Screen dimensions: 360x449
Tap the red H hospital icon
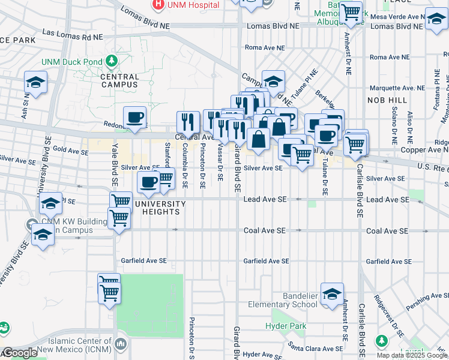click(x=158, y=4)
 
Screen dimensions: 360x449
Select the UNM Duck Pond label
click(x=71, y=62)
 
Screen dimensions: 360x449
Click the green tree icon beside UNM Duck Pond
click(x=110, y=61)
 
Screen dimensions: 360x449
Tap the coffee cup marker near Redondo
click(x=134, y=117)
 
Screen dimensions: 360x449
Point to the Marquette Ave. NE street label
click(x=397, y=88)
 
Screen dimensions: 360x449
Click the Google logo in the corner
click(x=19, y=353)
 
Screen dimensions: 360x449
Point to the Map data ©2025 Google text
click(x=411, y=355)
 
